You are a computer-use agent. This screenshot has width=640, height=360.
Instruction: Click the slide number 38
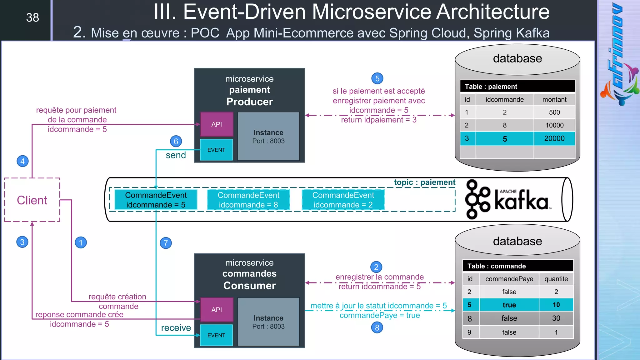[x=32, y=17]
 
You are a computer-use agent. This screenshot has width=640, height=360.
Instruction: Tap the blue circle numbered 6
[x=176, y=141]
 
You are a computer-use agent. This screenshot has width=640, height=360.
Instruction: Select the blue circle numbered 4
[x=22, y=161]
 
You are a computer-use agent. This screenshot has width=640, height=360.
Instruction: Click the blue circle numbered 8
[x=377, y=327]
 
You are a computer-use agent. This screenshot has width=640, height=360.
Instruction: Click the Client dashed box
[x=32, y=200]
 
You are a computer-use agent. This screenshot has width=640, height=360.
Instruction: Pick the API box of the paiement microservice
[x=217, y=124]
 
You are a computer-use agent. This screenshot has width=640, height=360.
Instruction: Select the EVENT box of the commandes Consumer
[x=216, y=335]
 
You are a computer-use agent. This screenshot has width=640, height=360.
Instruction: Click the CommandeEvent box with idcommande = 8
[x=248, y=200]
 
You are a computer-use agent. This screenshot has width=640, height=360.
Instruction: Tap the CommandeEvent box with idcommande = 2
[x=343, y=200]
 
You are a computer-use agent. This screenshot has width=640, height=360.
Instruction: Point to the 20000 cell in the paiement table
[x=554, y=138]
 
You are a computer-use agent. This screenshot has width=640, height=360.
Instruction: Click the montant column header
[x=554, y=99]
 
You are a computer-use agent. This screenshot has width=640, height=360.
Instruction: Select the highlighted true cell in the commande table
[x=509, y=305]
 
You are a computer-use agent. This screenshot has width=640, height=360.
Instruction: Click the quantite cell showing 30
[x=556, y=318]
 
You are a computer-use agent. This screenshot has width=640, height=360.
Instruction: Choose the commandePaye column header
[x=509, y=279]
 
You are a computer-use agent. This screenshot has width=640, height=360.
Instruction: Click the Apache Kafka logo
[x=508, y=199]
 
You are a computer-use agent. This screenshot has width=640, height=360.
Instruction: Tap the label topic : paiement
[x=424, y=182]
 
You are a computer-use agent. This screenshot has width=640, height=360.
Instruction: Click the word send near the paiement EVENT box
[x=176, y=155]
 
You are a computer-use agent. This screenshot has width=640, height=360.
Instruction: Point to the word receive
[x=176, y=328]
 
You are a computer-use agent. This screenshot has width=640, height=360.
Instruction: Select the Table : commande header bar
[x=518, y=266]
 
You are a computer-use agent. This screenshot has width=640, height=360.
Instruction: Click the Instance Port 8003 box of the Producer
[x=268, y=137]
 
